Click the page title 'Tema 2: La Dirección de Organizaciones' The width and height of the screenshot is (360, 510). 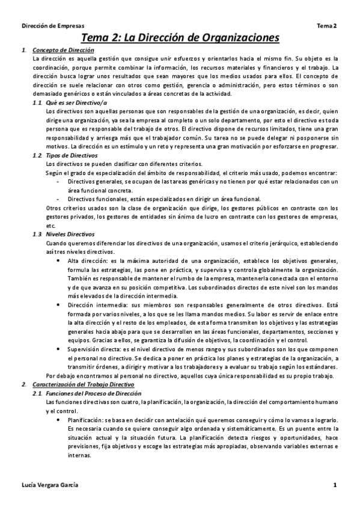coord(180,38)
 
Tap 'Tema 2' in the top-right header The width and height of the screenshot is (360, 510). coord(327,25)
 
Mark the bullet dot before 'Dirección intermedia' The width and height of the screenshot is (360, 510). coord(57,306)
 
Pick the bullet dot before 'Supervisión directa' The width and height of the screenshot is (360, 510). coord(57,349)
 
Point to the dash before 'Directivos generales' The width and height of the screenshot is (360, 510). coord(57,182)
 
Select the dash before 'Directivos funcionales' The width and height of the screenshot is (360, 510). coord(57,199)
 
